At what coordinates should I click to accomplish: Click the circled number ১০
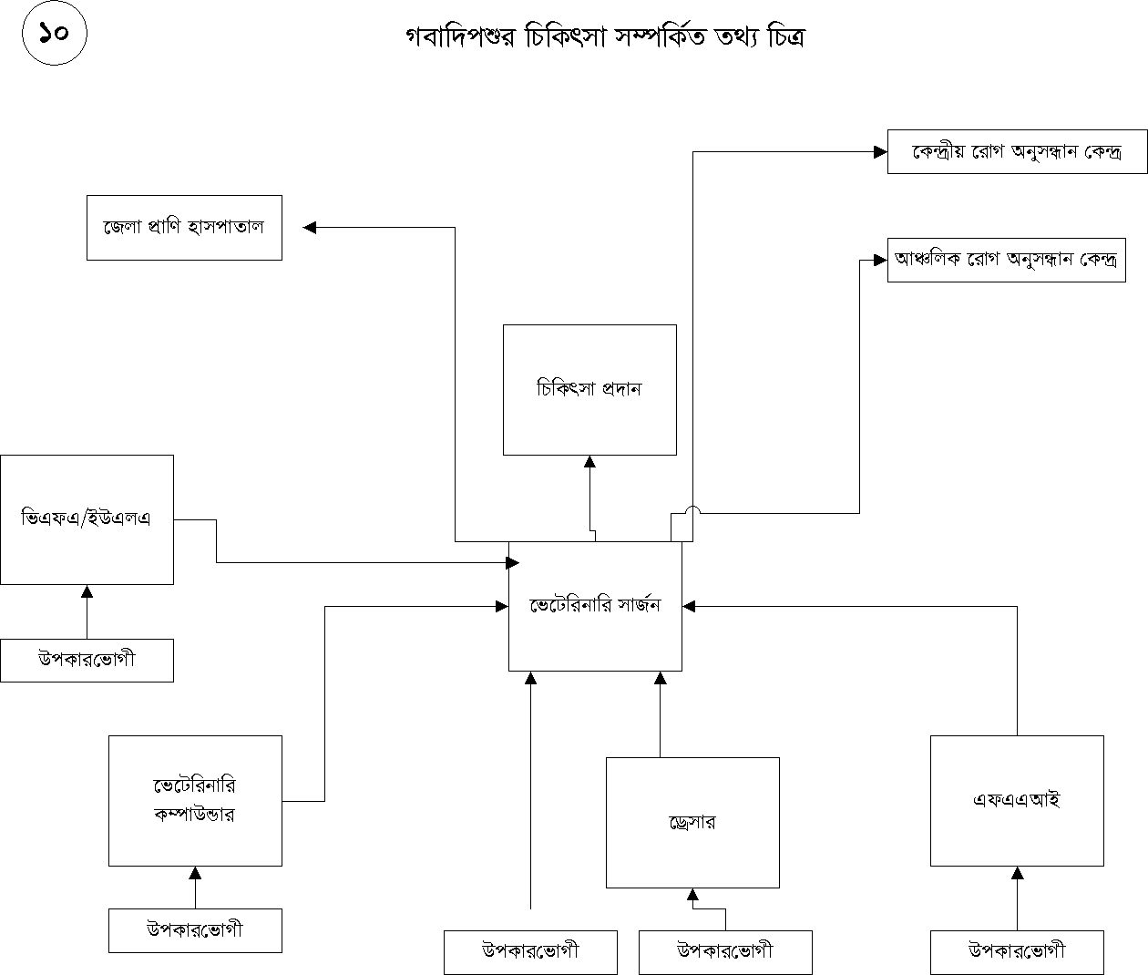pyautogui.click(x=54, y=34)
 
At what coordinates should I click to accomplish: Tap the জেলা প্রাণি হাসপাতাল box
pyautogui.click(x=184, y=227)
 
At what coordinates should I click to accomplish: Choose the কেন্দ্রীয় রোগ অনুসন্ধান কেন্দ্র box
pyautogui.click(x=1017, y=151)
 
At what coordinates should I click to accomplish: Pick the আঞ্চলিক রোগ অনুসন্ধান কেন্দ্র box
pyautogui.click(x=1006, y=260)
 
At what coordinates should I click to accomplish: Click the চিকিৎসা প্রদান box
pyautogui.click(x=589, y=389)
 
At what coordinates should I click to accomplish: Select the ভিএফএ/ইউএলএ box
pyautogui.click(x=87, y=519)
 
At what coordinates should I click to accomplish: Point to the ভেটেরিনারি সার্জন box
pyautogui.click(x=595, y=606)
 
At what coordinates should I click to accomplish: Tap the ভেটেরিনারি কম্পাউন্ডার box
pyautogui.click(x=195, y=800)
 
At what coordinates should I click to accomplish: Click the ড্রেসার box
pyautogui.click(x=692, y=822)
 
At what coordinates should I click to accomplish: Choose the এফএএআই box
pyautogui.click(x=1017, y=800)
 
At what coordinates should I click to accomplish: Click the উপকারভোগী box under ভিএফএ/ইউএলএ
pyautogui.click(x=87, y=660)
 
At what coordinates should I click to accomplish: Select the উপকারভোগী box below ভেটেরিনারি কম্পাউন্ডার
pyautogui.click(x=195, y=930)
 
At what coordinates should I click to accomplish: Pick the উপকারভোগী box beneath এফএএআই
pyautogui.click(x=1017, y=952)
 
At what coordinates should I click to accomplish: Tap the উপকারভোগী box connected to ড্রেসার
pyautogui.click(x=725, y=952)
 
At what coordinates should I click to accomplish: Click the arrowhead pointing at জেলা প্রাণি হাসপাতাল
pyautogui.click(x=310, y=227)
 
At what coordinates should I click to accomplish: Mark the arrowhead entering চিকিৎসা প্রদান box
pyautogui.click(x=589, y=462)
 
